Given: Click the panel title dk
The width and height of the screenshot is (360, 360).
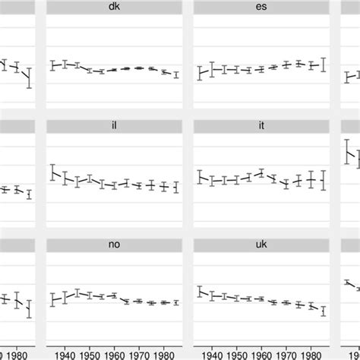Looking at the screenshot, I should tap(114, 6).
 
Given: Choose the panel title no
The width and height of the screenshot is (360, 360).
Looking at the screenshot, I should tap(114, 245).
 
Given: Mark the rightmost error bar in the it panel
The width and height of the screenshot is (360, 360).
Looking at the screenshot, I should tap(324, 180).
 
